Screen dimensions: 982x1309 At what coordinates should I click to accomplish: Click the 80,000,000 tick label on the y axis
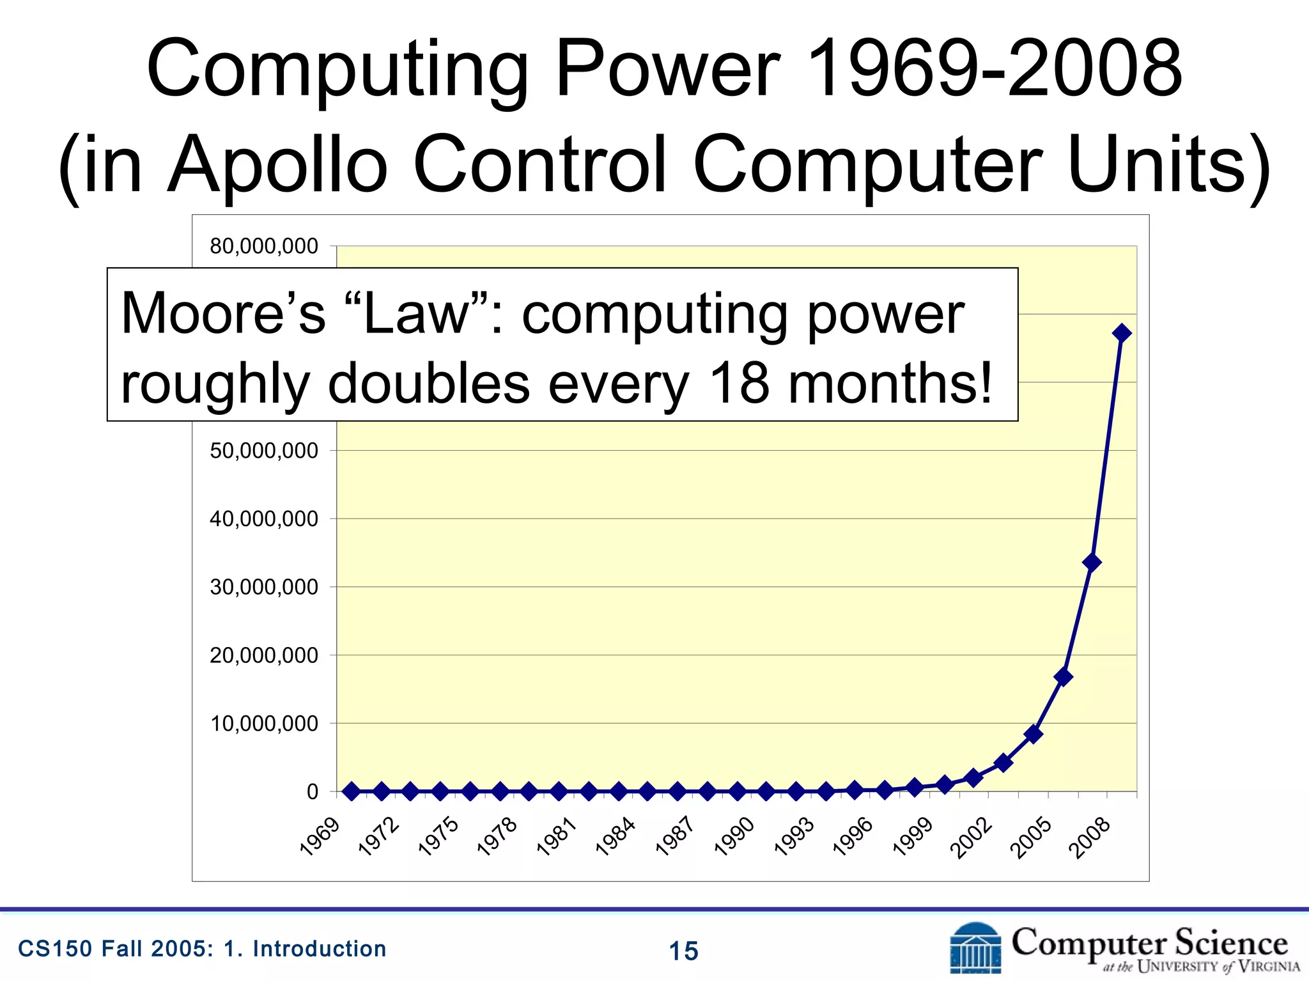[x=264, y=246]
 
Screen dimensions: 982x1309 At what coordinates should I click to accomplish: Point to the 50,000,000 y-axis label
[x=264, y=451]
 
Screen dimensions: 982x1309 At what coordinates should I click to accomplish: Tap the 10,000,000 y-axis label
[x=264, y=724]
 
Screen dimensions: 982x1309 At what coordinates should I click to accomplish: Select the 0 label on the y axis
[x=312, y=792]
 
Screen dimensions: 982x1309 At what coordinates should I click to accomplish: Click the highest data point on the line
[x=1122, y=333]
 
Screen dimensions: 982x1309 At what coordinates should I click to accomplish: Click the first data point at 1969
[x=351, y=791]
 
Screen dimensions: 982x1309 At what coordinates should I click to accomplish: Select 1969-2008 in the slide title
[x=994, y=69]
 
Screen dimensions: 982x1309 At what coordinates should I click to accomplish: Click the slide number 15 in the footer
[x=683, y=951]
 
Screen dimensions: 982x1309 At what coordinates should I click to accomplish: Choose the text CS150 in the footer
[x=55, y=949]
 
